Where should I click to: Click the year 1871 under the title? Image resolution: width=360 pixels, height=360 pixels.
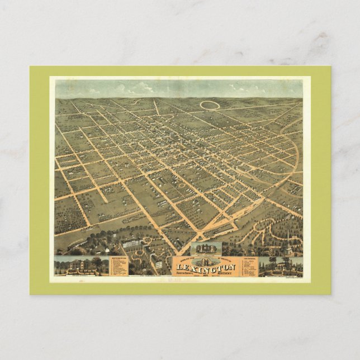click(207, 273)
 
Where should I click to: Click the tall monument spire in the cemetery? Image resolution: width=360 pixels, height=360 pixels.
click(288, 238)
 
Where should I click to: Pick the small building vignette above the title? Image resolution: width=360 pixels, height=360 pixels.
click(206, 249)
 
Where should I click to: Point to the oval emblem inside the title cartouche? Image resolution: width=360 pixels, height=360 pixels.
click(206, 260)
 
